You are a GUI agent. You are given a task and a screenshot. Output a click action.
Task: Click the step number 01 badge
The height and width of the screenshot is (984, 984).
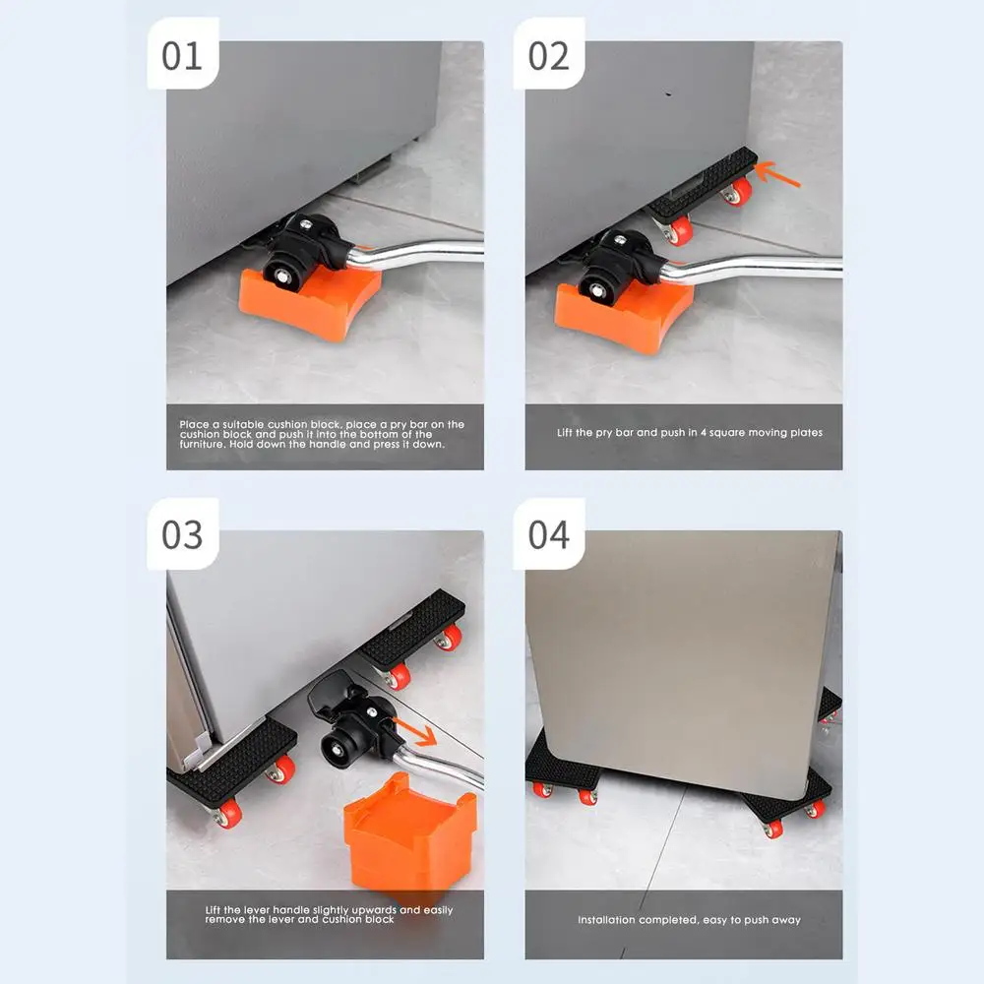183,53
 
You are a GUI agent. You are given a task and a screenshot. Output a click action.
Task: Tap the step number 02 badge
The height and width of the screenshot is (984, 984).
549,53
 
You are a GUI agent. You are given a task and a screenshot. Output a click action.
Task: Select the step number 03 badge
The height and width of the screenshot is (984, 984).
183,534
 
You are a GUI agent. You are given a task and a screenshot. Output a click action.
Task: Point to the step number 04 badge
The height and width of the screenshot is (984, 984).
549,534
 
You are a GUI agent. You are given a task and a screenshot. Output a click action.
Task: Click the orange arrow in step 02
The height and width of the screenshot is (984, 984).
777,174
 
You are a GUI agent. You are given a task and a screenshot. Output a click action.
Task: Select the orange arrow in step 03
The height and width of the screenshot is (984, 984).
416,732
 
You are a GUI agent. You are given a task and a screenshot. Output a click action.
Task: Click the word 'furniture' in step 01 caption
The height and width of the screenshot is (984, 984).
202,445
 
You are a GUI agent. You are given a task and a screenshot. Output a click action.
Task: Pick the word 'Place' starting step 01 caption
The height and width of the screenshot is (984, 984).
193,425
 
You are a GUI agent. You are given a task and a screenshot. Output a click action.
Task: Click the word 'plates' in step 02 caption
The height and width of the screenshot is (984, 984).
807,432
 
